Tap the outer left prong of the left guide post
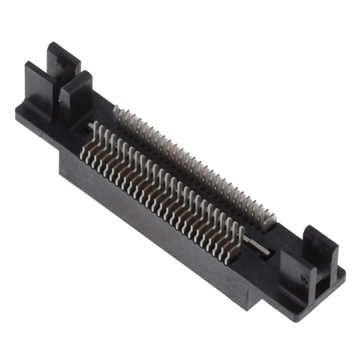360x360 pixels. pyautogui.click(x=35, y=84)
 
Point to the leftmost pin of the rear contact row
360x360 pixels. pyautogui.click(x=116, y=115)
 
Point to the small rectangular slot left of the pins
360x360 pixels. pyautogui.click(x=90, y=125)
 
